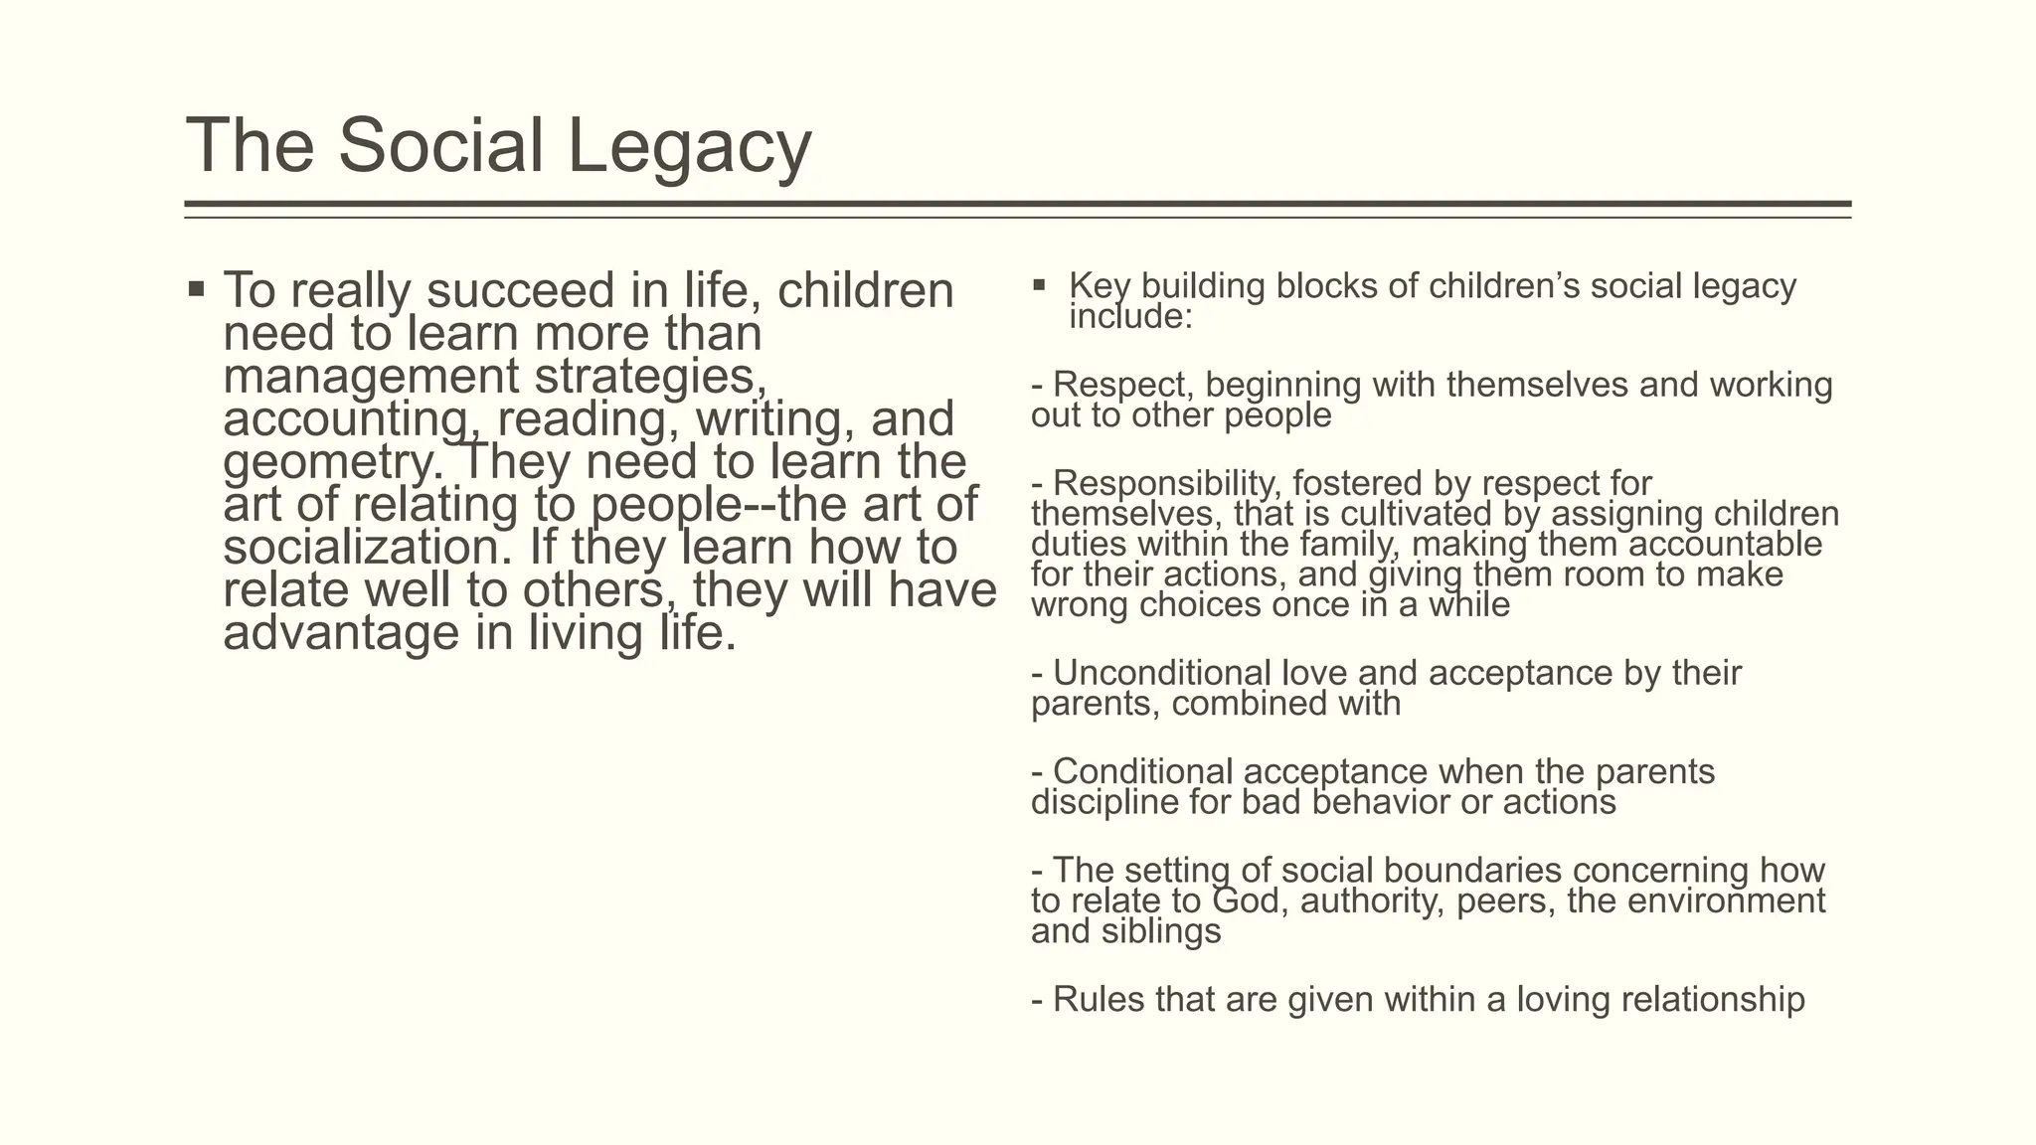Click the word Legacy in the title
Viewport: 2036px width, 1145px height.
tap(689, 147)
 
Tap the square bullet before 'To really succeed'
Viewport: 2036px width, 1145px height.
tap(196, 290)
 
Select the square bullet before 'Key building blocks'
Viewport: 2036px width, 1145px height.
tap(1040, 286)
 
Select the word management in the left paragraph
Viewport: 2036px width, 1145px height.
tap(371, 377)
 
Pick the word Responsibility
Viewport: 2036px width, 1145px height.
tap(1153, 483)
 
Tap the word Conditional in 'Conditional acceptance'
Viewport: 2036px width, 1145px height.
tap(1142, 771)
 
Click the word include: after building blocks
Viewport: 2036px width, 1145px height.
tap(1129, 317)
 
